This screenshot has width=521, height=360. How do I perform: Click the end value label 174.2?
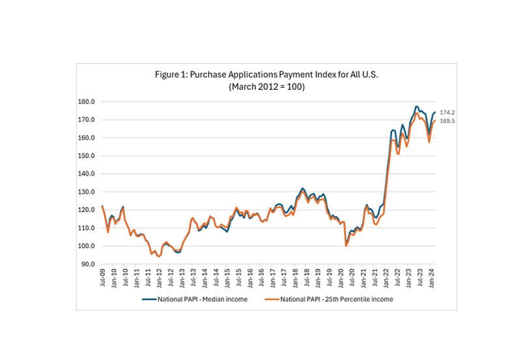[447, 113]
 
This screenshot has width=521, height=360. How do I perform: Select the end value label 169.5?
[447, 121]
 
